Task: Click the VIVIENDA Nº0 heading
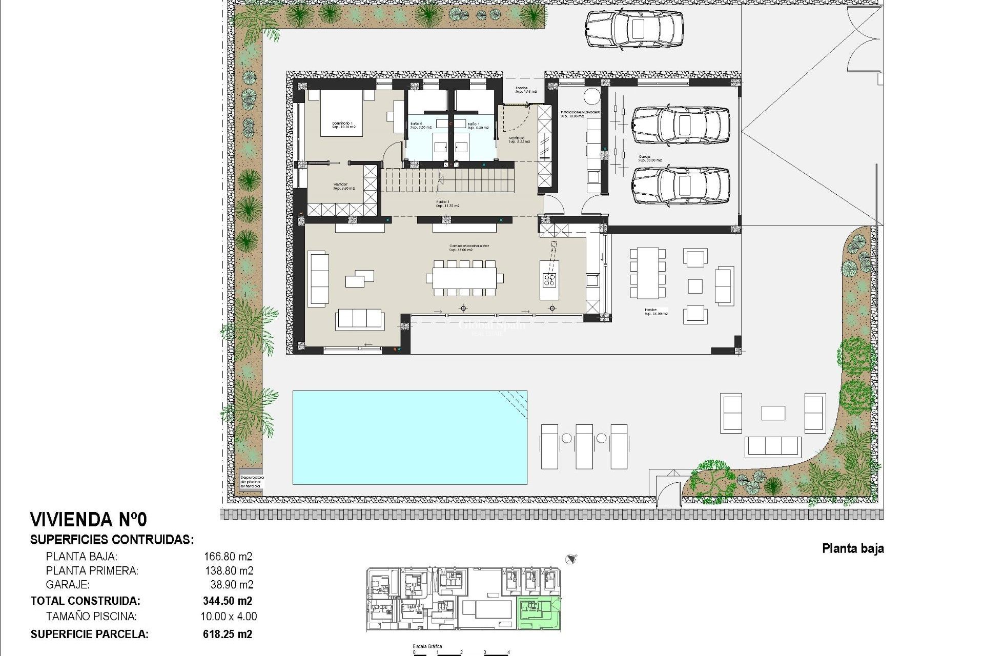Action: click(x=89, y=520)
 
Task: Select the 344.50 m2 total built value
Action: click(x=227, y=601)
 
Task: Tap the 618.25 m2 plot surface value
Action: click(x=227, y=634)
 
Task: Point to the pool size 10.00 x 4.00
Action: click(x=229, y=617)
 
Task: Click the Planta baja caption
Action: click(x=853, y=548)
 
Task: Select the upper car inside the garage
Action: click(x=680, y=125)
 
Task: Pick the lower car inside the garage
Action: click(x=680, y=185)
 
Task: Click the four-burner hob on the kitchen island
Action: click(x=549, y=279)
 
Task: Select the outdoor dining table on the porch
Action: click(x=648, y=273)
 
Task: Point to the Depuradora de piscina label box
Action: click(x=251, y=481)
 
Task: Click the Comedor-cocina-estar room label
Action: click(x=468, y=248)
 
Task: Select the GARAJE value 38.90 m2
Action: click(x=232, y=585)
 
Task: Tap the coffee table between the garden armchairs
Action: click(x=773, y=413)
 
